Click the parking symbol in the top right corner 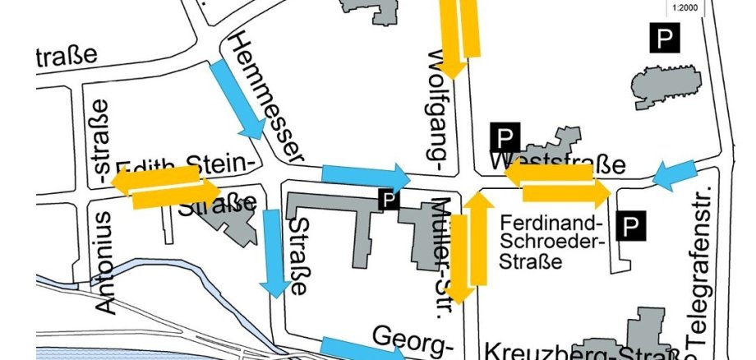664,38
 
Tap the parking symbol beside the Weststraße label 505,137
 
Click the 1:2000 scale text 684,9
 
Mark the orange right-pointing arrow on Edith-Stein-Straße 176,194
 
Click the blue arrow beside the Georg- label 362,349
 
